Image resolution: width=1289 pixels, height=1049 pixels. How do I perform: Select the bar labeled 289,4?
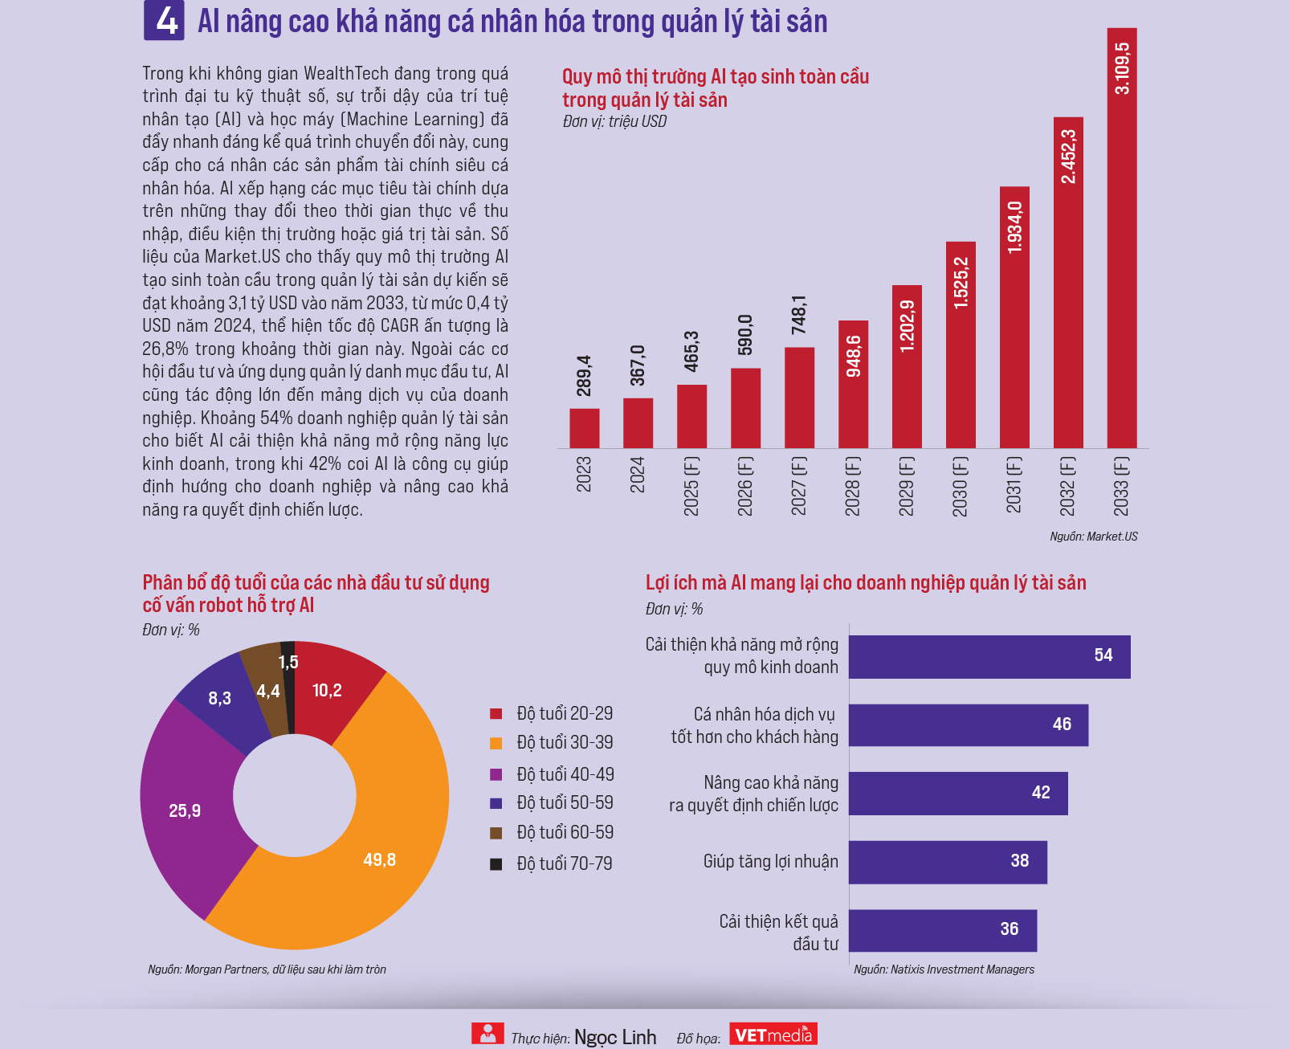click(584, 428)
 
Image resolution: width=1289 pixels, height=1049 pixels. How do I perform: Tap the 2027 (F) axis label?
click(798, 485)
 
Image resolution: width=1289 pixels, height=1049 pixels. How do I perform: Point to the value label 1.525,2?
click(961, 283)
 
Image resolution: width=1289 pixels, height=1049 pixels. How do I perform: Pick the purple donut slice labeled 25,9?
click(186, 810)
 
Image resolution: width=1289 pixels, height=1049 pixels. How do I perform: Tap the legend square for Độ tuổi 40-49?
click(496, 774)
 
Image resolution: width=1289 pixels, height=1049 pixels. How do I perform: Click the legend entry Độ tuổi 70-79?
click(564, 863)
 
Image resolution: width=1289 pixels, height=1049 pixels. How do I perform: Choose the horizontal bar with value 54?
click(989, 656)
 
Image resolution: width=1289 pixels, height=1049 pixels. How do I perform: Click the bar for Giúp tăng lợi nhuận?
click(948, 862)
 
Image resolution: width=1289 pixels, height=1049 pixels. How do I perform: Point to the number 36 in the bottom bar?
click(1009, 929)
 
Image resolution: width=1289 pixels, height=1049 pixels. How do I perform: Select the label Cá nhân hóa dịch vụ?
click(764, 714)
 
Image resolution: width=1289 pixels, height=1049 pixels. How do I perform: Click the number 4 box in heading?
click(165, 20)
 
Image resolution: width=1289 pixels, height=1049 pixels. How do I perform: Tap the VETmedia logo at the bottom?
click(773, 1035)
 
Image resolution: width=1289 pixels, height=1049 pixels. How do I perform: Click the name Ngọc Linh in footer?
click(615, 1037)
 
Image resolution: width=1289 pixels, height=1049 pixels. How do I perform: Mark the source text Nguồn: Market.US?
click(1093, 537)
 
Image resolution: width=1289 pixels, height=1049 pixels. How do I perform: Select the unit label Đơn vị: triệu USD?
click(614, 121)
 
